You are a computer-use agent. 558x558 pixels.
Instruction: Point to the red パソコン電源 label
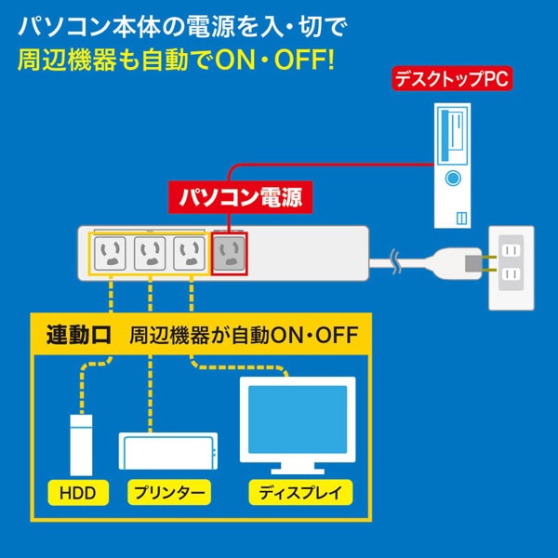pos(241,197)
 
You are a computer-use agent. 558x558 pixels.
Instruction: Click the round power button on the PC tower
pos(454,178)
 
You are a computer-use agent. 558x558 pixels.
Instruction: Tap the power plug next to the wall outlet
pos(465,264)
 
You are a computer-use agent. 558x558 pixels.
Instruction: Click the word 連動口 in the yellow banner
pos(77,336)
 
